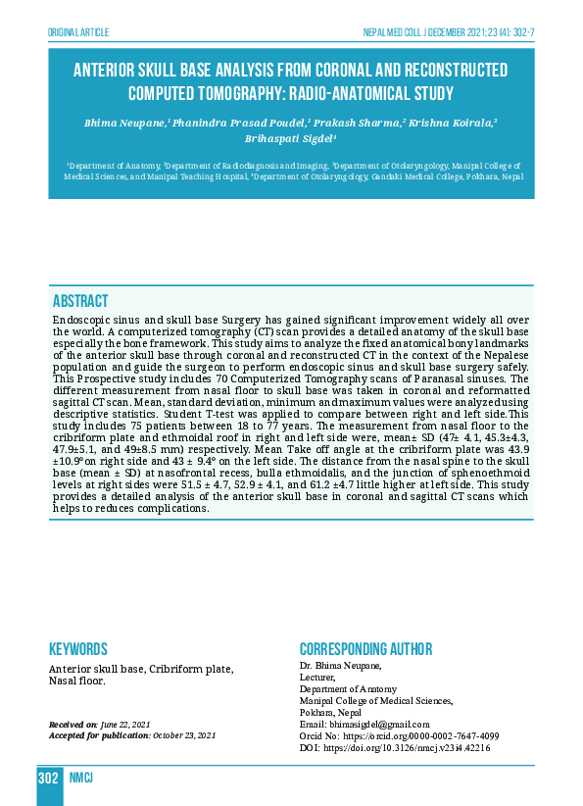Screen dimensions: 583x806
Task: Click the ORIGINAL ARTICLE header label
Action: tap(77, 31)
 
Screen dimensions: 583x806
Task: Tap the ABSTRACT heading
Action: tap(80, 301)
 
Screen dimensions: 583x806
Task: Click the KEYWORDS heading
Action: tap(78, 649)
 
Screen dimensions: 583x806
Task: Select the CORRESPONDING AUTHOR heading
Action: tap(365, 649)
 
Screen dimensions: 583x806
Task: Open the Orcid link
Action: tap(399, 735)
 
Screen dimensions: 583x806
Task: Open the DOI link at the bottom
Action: tap(394, 747)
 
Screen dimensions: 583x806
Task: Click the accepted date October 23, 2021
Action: tap(182, 735)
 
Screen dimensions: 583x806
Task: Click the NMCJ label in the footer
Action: tap(80, 779)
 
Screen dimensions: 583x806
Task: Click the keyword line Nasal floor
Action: tap(76, 680)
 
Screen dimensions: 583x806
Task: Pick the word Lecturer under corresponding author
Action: tap(316, 677)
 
